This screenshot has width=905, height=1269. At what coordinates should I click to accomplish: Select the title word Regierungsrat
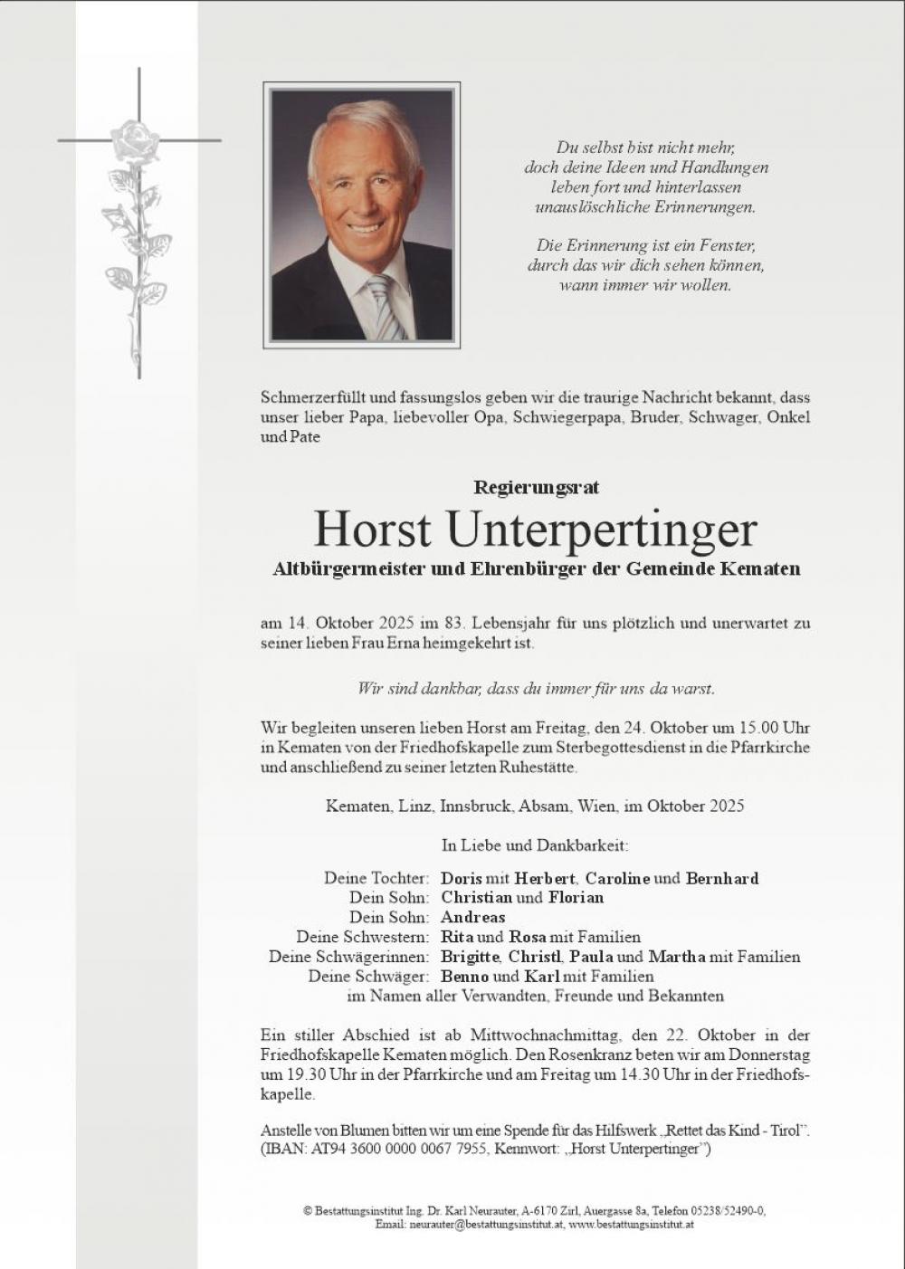click(536, 487)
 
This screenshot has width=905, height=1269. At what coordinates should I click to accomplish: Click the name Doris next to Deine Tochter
click(461, 878)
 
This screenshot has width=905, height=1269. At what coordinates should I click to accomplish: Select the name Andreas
click(472, 917)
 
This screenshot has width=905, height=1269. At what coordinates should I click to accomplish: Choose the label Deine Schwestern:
click(363, 937)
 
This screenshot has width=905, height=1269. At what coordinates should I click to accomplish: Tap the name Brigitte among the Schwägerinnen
click(470, 957)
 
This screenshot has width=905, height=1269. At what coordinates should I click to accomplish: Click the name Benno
click(464, 977)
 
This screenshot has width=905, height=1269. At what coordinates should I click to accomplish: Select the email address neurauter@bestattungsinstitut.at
click(486, 1224)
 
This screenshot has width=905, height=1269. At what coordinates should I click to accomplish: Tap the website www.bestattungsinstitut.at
click(632, 1224)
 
